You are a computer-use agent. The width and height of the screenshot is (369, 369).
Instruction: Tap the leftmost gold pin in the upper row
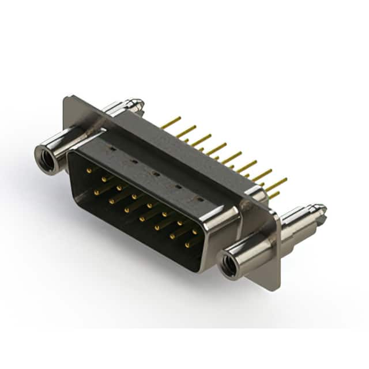click(89, 170)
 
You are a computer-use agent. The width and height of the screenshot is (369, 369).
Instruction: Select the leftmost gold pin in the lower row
click(96, 191)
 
